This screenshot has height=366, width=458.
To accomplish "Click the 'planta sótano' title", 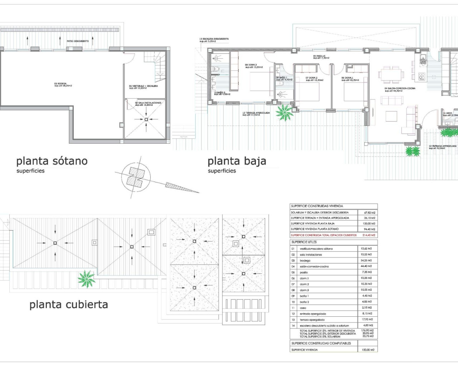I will pos(52,161).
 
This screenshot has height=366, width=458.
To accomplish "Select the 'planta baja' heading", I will pos(237,161).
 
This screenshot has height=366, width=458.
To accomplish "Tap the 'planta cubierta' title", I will pos(68,305).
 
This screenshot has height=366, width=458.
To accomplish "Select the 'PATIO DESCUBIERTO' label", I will pos(78,41).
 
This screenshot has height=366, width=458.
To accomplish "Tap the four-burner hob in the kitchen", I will pos(422,76).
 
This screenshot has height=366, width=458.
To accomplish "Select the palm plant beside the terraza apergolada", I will pos(285,112).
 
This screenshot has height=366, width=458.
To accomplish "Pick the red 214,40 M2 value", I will pos(368,235).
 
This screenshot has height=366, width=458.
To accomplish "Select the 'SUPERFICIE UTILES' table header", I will pos(304,242).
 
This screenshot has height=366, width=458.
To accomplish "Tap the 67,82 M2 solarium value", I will pos(368,212).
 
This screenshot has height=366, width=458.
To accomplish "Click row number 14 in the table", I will pos(293,326).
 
